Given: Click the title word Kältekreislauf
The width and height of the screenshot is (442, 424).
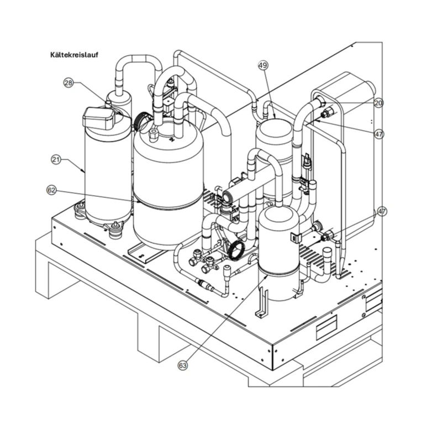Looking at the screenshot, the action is coord(75,55).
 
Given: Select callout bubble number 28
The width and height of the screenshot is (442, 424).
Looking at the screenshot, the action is coord(68,83).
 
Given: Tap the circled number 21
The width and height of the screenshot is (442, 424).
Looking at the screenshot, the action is coord(56,160).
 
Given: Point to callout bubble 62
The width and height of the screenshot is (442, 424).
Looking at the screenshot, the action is coord(51,190).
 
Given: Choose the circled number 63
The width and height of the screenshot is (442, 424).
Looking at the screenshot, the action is coord(183,365).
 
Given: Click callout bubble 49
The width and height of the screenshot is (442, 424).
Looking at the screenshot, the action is coord(263,66).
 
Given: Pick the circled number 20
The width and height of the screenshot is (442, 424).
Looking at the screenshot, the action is coord(378,103).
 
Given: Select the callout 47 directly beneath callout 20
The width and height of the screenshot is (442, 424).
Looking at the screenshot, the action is coord(379,134).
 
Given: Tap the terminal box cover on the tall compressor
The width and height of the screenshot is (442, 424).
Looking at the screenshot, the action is coord(99,118).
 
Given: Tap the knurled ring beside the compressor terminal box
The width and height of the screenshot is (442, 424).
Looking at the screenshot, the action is coord(140,121).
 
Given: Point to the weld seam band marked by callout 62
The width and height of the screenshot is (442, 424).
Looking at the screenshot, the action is coord(168,202).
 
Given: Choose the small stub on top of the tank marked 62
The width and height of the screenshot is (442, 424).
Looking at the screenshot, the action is coord(154,134).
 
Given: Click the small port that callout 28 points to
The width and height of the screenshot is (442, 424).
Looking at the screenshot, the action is coord(108,103).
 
